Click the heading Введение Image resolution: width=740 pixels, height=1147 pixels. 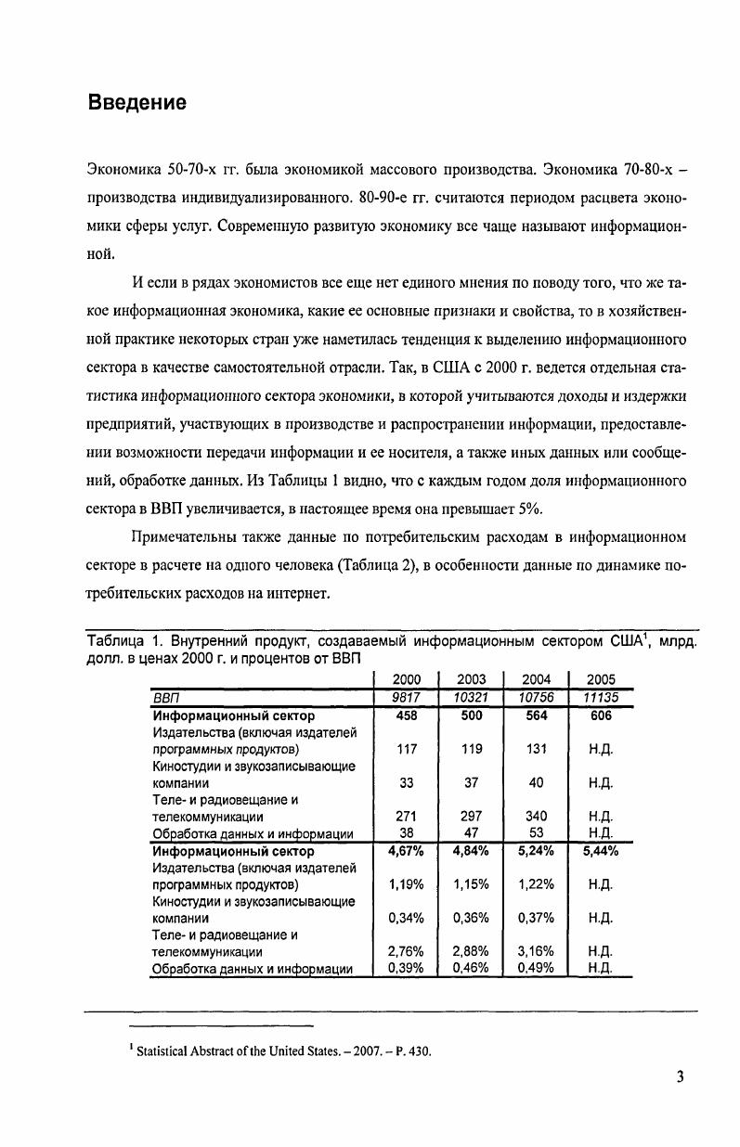tap(137, 102)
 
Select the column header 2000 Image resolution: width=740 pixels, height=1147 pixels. tap(407, 679)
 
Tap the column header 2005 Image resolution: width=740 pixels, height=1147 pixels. tap(602, 679)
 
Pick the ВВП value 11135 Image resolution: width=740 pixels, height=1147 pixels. tap(602, 698)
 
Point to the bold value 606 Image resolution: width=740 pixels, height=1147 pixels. tap(602, 715)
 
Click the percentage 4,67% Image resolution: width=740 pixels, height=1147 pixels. tap(406, 851)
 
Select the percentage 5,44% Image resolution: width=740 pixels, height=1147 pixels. tap(602, 851)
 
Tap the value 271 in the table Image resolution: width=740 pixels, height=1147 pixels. tap(407, 817)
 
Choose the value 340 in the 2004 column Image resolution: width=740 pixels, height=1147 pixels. tap(537, 817)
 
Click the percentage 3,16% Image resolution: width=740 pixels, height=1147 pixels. tap(536, 952)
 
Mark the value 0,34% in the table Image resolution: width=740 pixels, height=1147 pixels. tap(406, 919)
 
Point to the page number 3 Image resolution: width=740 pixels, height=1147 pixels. tap(681, 1077)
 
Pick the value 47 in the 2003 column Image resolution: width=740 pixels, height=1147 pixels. tap(472, 833)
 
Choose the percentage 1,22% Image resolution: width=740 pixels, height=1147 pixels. tap(536, 884)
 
